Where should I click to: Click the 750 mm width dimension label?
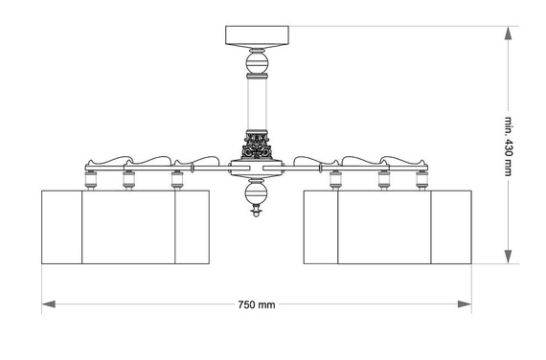[257, 305]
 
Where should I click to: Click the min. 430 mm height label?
[509, 146]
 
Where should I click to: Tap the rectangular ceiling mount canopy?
[257, 35]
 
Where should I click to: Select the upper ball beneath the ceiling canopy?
[257, 64]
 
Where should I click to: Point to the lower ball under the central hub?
[257, 194]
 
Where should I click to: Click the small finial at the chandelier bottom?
[257, 211]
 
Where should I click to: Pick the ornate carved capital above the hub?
[257, 145]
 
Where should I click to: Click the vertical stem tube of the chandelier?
[257, 104]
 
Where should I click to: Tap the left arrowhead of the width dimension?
[49, 304]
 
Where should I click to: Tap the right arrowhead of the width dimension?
[465, 304]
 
